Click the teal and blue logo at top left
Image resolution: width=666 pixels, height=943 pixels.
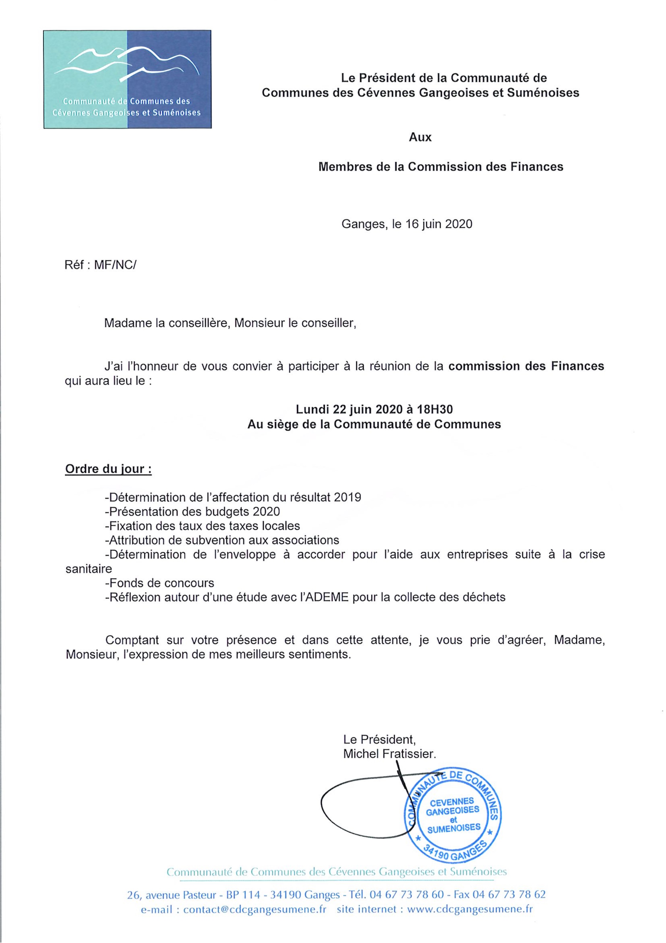pos(127,79)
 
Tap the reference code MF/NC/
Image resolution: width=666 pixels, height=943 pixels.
pos(115,265)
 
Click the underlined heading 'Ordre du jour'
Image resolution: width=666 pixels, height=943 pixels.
pos(108,469)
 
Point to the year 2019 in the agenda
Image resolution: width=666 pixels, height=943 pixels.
pos(347,498)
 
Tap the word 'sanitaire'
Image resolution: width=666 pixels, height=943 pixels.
pos(89,569)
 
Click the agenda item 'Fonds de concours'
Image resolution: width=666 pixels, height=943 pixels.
pos(160,583)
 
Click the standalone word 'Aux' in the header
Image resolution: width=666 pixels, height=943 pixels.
pos(420,137)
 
